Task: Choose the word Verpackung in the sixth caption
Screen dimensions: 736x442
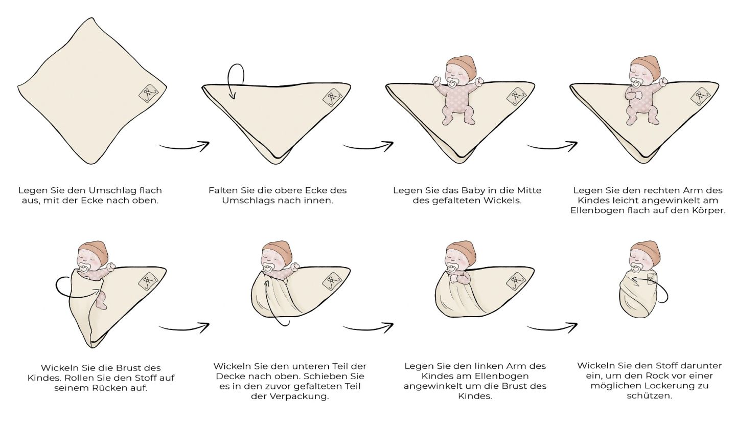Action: tap(300, 396)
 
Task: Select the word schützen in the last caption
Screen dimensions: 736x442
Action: tap(649, 395)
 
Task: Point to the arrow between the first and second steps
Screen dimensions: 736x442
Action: tap(184, 146)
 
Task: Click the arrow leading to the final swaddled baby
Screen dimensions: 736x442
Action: tap(552, 327)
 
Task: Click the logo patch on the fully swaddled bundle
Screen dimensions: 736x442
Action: tap(652, 278)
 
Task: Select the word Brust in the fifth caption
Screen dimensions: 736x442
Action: tap(132, 368)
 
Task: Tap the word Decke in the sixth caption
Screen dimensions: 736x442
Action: tap(231, 376)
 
